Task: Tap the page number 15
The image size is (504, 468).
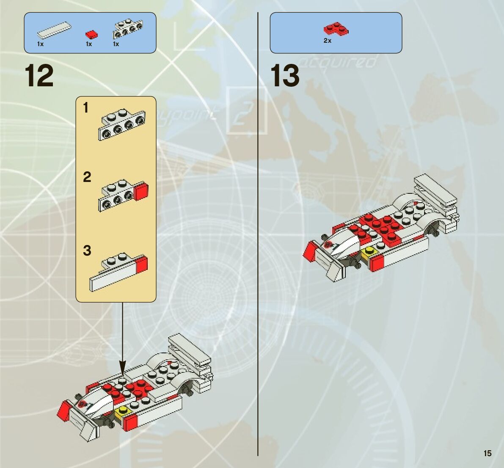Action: [487, 453]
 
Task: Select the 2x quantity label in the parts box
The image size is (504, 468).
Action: [327, 41]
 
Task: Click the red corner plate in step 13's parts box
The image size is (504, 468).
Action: [336, 29]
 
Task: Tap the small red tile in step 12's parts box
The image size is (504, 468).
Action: [91, 34]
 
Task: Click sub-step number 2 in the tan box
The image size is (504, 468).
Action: [87, 177]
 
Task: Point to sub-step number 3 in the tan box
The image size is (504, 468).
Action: [87, 251]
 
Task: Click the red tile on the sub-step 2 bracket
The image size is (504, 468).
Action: [141, 192]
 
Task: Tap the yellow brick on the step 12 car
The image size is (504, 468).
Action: [124, 411]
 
